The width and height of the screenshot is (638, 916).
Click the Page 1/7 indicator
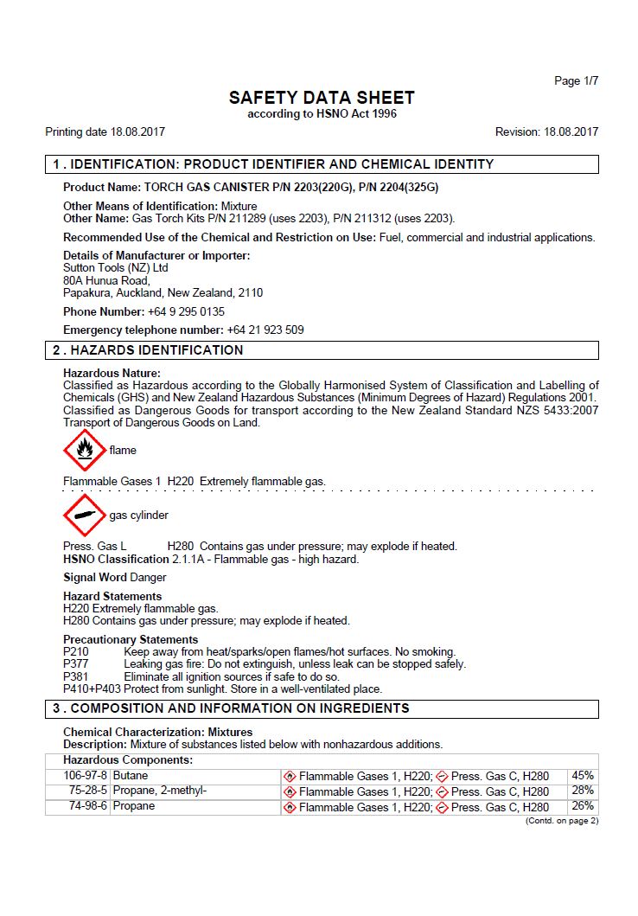click(x=576, y=81)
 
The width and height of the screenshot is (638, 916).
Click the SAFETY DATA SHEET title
click(x=322, y=98)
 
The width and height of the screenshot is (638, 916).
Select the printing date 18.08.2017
click(x=137, y=132)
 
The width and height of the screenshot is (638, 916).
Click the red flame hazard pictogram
click(x=84, y=450)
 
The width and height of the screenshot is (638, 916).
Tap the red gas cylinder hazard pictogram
click(x=84, y=515)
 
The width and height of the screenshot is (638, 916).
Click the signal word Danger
click(x=148, y=577)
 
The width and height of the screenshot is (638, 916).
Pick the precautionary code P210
click(x=76, y=651)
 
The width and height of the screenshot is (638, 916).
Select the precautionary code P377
click(x=76, y=664)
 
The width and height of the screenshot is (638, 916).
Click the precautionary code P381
click(x=76, y=676)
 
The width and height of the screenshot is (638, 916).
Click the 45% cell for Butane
click(x=583, y=776)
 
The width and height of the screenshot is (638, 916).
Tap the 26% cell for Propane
click(x=583, y=806)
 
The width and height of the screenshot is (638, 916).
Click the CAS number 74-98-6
click(x=88, y=806)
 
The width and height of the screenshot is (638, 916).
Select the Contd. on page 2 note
click(x=562, y=821)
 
